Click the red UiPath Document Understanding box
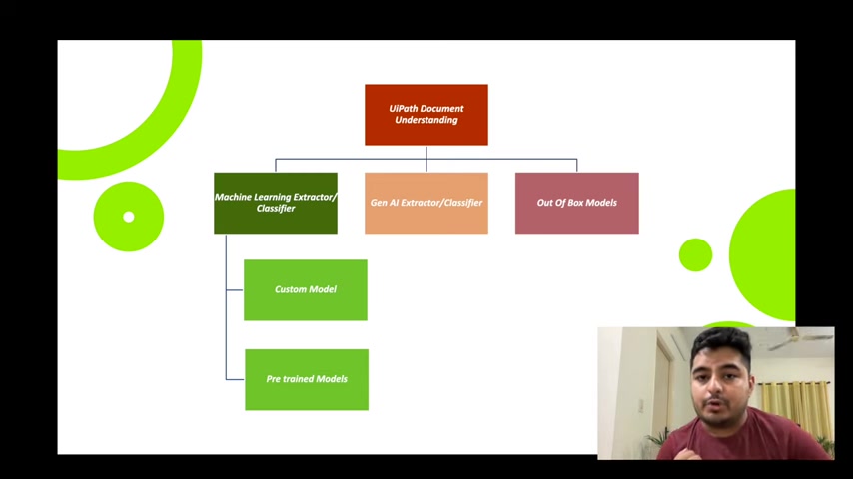tap(426, 114)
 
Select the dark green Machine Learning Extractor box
tap(276, 203)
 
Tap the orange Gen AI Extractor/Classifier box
tap(426, 203)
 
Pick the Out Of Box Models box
tap(576, 203)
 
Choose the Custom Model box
tap(306, 289)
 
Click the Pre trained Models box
tap(307, 379)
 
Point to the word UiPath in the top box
tap(402, 108)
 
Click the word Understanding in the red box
tap(426, 120)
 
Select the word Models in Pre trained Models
tap(332, 379)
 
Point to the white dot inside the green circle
tap(129, 217)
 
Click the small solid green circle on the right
tap(695, 254)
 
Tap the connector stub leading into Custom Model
tap(235, 289)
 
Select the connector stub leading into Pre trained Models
tap(235, 379)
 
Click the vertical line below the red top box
tap(426, 159)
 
